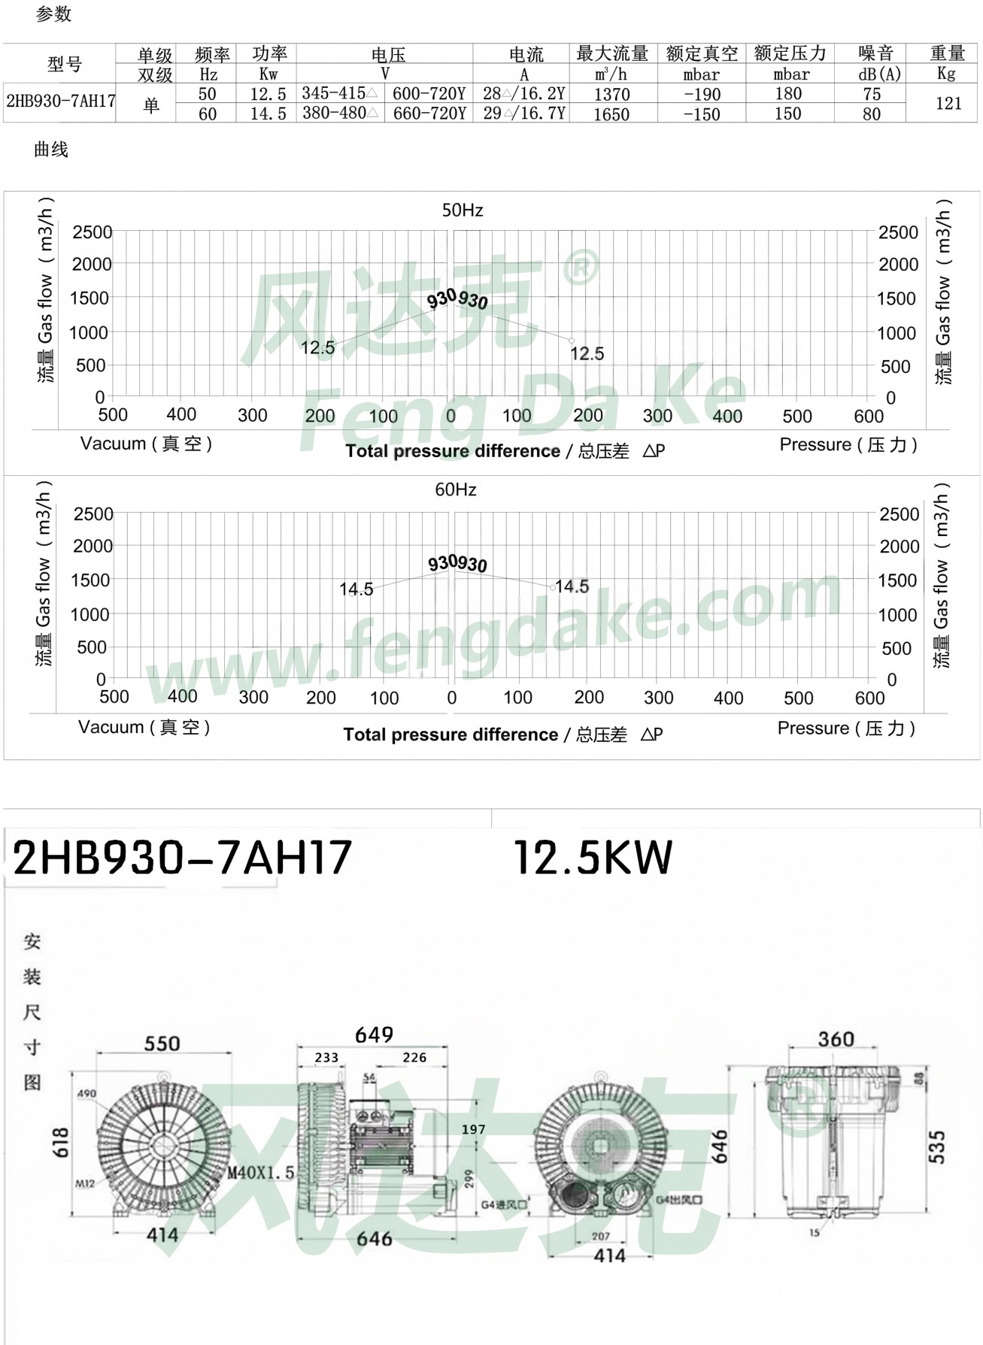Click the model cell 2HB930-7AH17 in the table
[x=60, y=101]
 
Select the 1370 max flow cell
[x=611, y=95]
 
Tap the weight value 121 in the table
[x=948, y=104]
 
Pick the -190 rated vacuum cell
[x=702, y=95]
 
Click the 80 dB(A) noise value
[x=871, y=114]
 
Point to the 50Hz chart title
[x=462, y=211]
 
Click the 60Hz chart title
[x=456, y=490]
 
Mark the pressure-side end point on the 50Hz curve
[x=572, y=341]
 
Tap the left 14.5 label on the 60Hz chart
[x=356, y=589]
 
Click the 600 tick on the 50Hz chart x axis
[x=868, y=417]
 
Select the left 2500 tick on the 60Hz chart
[x=93, y=514]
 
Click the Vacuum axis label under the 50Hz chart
[x=146, y=444]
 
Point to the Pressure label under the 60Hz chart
[x=845, y=729]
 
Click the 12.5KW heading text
[x=593, y=858]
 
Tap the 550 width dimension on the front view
[x=162, y=1044]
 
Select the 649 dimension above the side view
[x=374, y=1035]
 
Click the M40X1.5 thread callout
[x=261, y=1173]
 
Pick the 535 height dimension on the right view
[x=936, y=1147]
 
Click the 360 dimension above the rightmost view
[x=836, y=1039]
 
